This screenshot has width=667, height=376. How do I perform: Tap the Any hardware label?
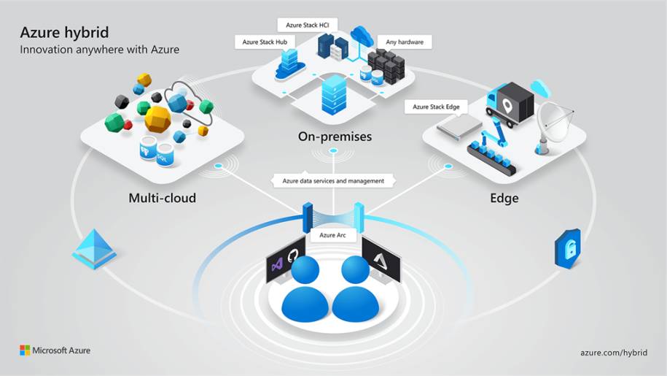(x=405, y=42)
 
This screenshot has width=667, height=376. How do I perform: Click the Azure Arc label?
(x=332, y=235)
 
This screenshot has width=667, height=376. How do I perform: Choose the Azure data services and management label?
(x=333, y=180)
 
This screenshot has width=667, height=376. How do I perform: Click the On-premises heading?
(x=335, y=137)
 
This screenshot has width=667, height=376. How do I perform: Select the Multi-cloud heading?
(x=162, y=198)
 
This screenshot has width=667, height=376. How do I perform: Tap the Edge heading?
(x=504, y=198)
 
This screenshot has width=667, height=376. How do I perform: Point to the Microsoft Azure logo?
(x=55, y=350)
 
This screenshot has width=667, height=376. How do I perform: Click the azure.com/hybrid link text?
(x=614, y=351)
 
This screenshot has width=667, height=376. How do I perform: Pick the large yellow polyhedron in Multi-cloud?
(x=157, y=118)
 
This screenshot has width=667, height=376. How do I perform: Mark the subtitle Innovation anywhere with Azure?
(x=99, y=50)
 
